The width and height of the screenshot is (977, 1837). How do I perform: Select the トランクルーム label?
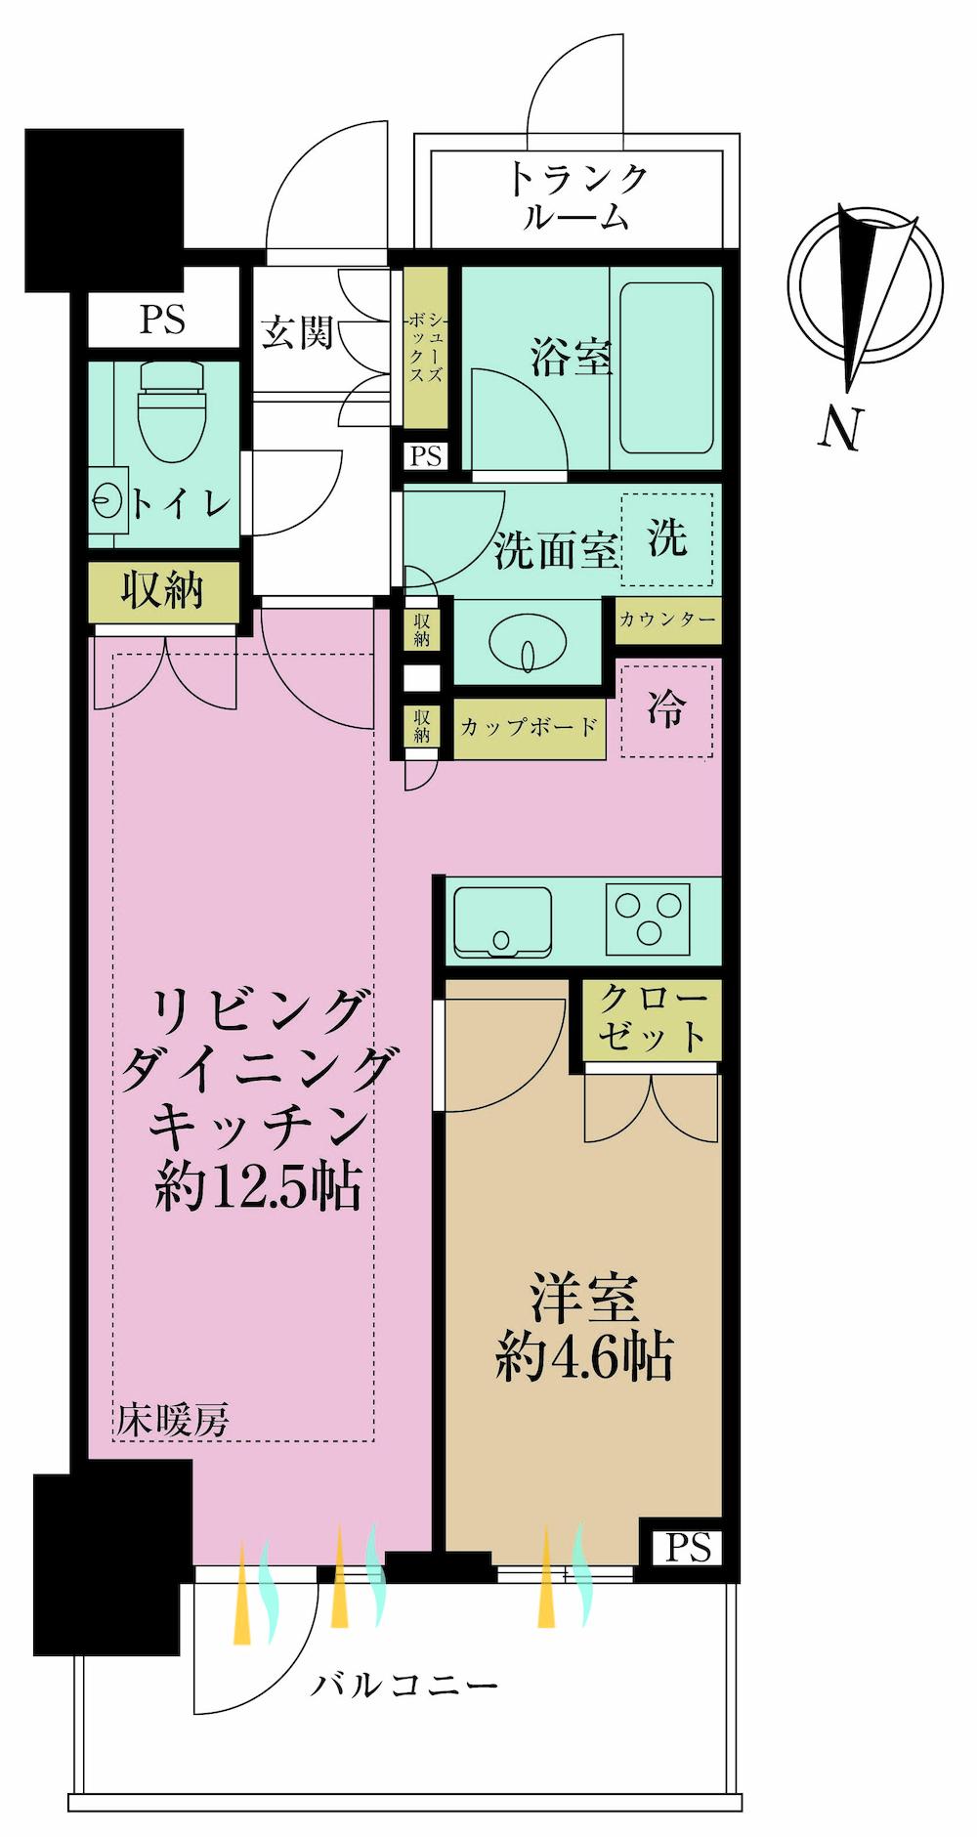click(x=576, y=196)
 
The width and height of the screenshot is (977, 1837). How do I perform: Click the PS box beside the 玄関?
click(x=162, y=320)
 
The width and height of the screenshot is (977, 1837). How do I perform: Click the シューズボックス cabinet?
click(x=426, y=349)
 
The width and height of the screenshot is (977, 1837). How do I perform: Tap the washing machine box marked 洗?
click(x=668, y=538)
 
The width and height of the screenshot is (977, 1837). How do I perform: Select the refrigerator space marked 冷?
click(x=666, y=709)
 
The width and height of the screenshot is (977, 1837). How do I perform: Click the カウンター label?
click(x=668, y=619)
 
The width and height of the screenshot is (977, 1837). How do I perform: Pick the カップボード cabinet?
click(x=529, y=727)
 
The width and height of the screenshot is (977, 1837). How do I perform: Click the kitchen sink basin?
click(x=501, y=921)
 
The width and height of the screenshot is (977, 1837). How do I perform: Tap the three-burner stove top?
click(x=648, y=919)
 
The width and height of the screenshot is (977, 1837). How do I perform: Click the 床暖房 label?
click(x=174, y=1420)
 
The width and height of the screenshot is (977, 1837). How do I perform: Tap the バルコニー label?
click(x=404, y=1686)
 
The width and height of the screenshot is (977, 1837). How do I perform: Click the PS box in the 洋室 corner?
click(x=689, y=1548)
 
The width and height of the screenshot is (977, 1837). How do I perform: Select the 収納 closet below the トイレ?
click(x=163, y=591)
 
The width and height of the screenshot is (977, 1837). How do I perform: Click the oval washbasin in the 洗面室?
click(x=529, y=645)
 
